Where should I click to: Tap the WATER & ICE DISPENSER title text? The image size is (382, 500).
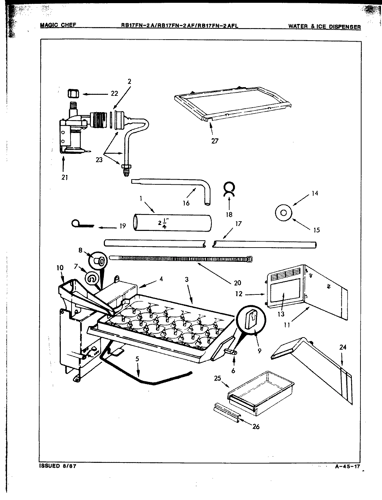click(324, 26)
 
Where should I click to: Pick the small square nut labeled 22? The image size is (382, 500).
click(73, 94)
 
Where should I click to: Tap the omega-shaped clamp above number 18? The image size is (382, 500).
click(229, 188)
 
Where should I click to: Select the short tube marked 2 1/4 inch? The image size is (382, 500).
click(172, 223)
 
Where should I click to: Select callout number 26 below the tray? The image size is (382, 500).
click(256, 426)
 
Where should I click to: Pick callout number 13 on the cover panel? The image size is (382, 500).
click(281, 314)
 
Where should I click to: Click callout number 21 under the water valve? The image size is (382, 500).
click(65, 177)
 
